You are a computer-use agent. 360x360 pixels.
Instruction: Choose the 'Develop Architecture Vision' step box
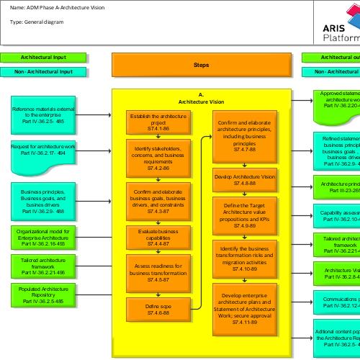(x=245, y=179)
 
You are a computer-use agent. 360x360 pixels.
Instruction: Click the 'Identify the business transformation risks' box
(x=245, y=258)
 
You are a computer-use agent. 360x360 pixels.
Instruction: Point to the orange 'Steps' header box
(x=201, y=65)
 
